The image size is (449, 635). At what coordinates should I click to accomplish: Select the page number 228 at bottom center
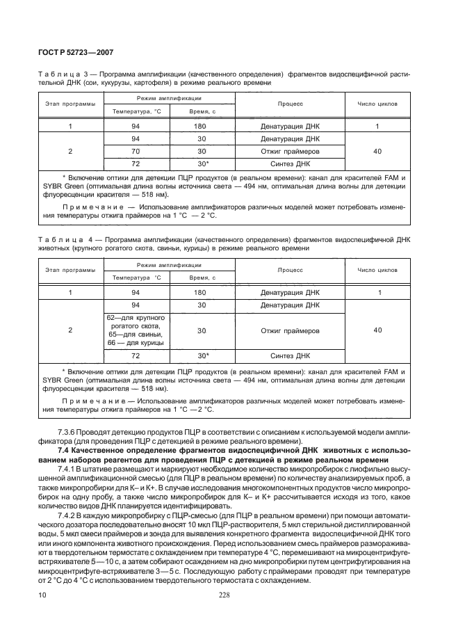click(224, 595)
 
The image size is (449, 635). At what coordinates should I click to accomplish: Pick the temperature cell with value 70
click(136, 151)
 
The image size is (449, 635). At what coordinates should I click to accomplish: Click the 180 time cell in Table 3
click(201, 127)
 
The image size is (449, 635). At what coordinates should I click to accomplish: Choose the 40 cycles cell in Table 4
click(377, 330)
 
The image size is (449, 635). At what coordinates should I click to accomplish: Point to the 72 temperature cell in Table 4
click(136, 355)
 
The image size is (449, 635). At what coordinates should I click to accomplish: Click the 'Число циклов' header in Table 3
click(377, 104)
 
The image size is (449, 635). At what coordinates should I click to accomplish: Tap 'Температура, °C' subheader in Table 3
click(136, 111)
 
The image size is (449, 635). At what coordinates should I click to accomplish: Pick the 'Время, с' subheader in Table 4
click(201, 277)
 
